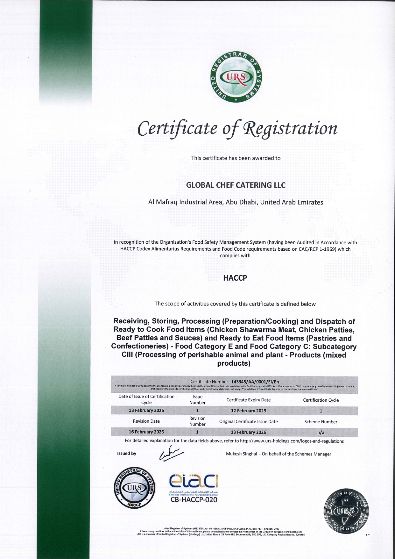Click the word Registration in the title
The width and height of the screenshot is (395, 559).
[290, 128]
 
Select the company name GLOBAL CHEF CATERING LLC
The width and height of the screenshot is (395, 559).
[236, 185]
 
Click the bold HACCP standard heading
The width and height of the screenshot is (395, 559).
[235, 278]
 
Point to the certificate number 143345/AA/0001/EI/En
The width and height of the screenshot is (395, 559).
[255, 382]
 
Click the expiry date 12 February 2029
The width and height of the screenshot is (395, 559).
[248, 411]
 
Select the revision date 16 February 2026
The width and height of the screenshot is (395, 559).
[146, 432]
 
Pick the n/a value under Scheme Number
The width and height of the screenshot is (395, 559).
[321, 432]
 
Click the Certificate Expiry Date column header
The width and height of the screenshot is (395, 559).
[248, 400]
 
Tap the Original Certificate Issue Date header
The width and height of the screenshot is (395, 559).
[248, 421]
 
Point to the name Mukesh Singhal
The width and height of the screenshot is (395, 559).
[241, 454]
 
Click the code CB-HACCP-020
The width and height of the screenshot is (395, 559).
[194, 500]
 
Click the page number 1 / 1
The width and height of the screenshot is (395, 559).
[368, 535]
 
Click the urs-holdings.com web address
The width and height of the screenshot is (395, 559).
[292, 441]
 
